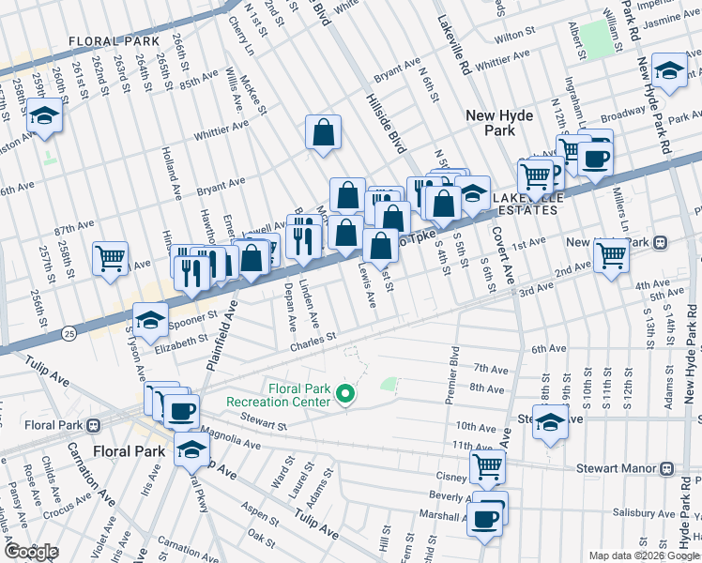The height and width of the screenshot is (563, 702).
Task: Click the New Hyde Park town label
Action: click(501, 123)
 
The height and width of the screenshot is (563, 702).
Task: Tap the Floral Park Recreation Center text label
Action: click(278, 395)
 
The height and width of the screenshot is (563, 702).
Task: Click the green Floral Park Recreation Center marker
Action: click(346, 393)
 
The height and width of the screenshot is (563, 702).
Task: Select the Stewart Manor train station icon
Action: click(666, 467)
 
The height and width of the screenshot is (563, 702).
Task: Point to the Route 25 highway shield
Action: click(69, 333)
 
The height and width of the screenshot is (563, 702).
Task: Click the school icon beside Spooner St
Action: click(150, 321)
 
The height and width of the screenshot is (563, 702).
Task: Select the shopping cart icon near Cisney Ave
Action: click(487, 465)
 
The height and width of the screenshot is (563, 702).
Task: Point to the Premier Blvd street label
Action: click(453, 372)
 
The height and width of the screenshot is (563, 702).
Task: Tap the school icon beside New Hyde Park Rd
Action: click(669, 71)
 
